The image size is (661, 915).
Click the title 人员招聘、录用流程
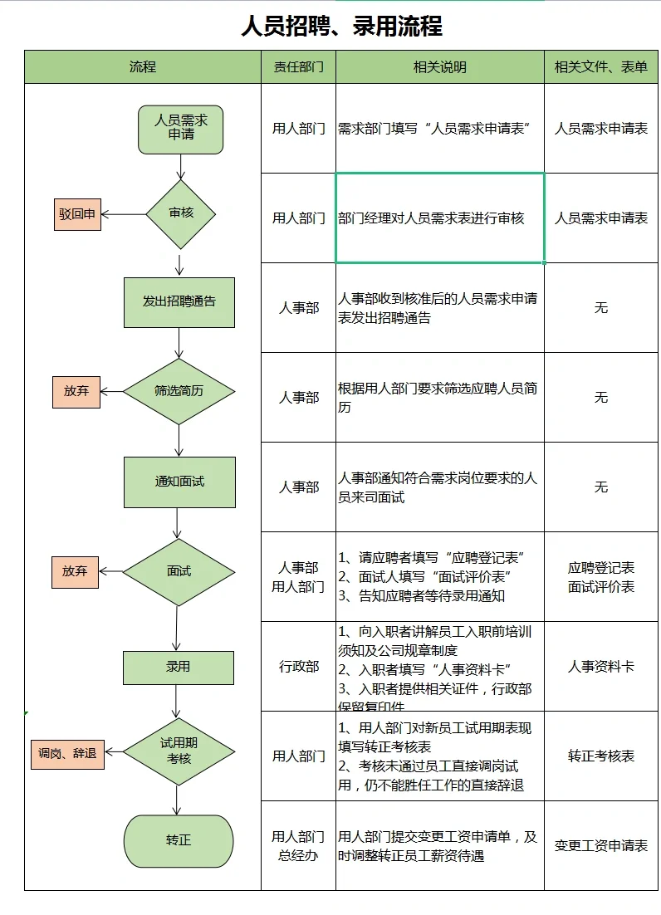coord(341,26)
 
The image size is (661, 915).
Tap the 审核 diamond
coord(180,213)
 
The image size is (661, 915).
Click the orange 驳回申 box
coord(77,214)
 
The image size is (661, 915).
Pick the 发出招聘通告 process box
coord(179,301)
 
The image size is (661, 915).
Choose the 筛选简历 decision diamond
coord(179,391)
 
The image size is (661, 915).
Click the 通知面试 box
coord(179,482)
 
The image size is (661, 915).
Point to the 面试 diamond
coord(179,571)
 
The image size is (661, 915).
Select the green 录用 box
coord(179,666)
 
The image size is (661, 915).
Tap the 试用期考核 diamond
coord(180,752)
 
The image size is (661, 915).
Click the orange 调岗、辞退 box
coord(68,754)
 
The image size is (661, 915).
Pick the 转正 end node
coord(179,840)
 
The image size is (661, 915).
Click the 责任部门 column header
coord(298,67)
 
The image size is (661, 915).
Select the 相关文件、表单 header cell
coord(600,67)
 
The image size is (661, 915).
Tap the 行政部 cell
coord(298,667)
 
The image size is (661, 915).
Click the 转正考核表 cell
coord(600,756)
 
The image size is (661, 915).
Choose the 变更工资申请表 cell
coord(600,845)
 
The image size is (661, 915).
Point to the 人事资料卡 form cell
coord(600,667)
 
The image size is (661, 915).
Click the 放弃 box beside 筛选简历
coord(76,391)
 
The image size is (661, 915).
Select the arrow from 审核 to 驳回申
coord(123,214)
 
